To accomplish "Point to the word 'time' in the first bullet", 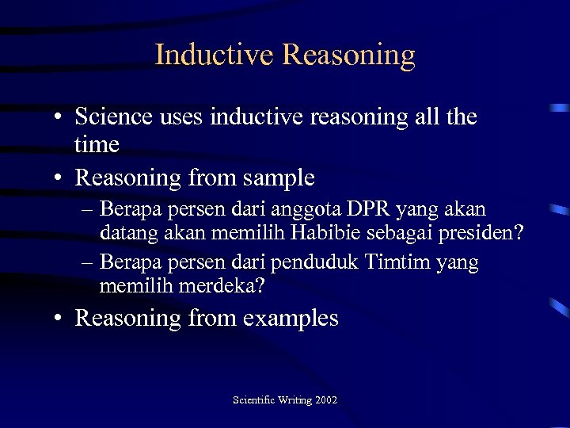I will tap(97, 144).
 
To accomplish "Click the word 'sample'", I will tap(278, 178).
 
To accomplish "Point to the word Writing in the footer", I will tap(294, 400).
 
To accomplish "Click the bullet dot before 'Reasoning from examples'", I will tap(59, 319).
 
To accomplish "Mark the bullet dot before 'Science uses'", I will tap(59, 117).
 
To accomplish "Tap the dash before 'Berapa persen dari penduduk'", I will tap(86, 262).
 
